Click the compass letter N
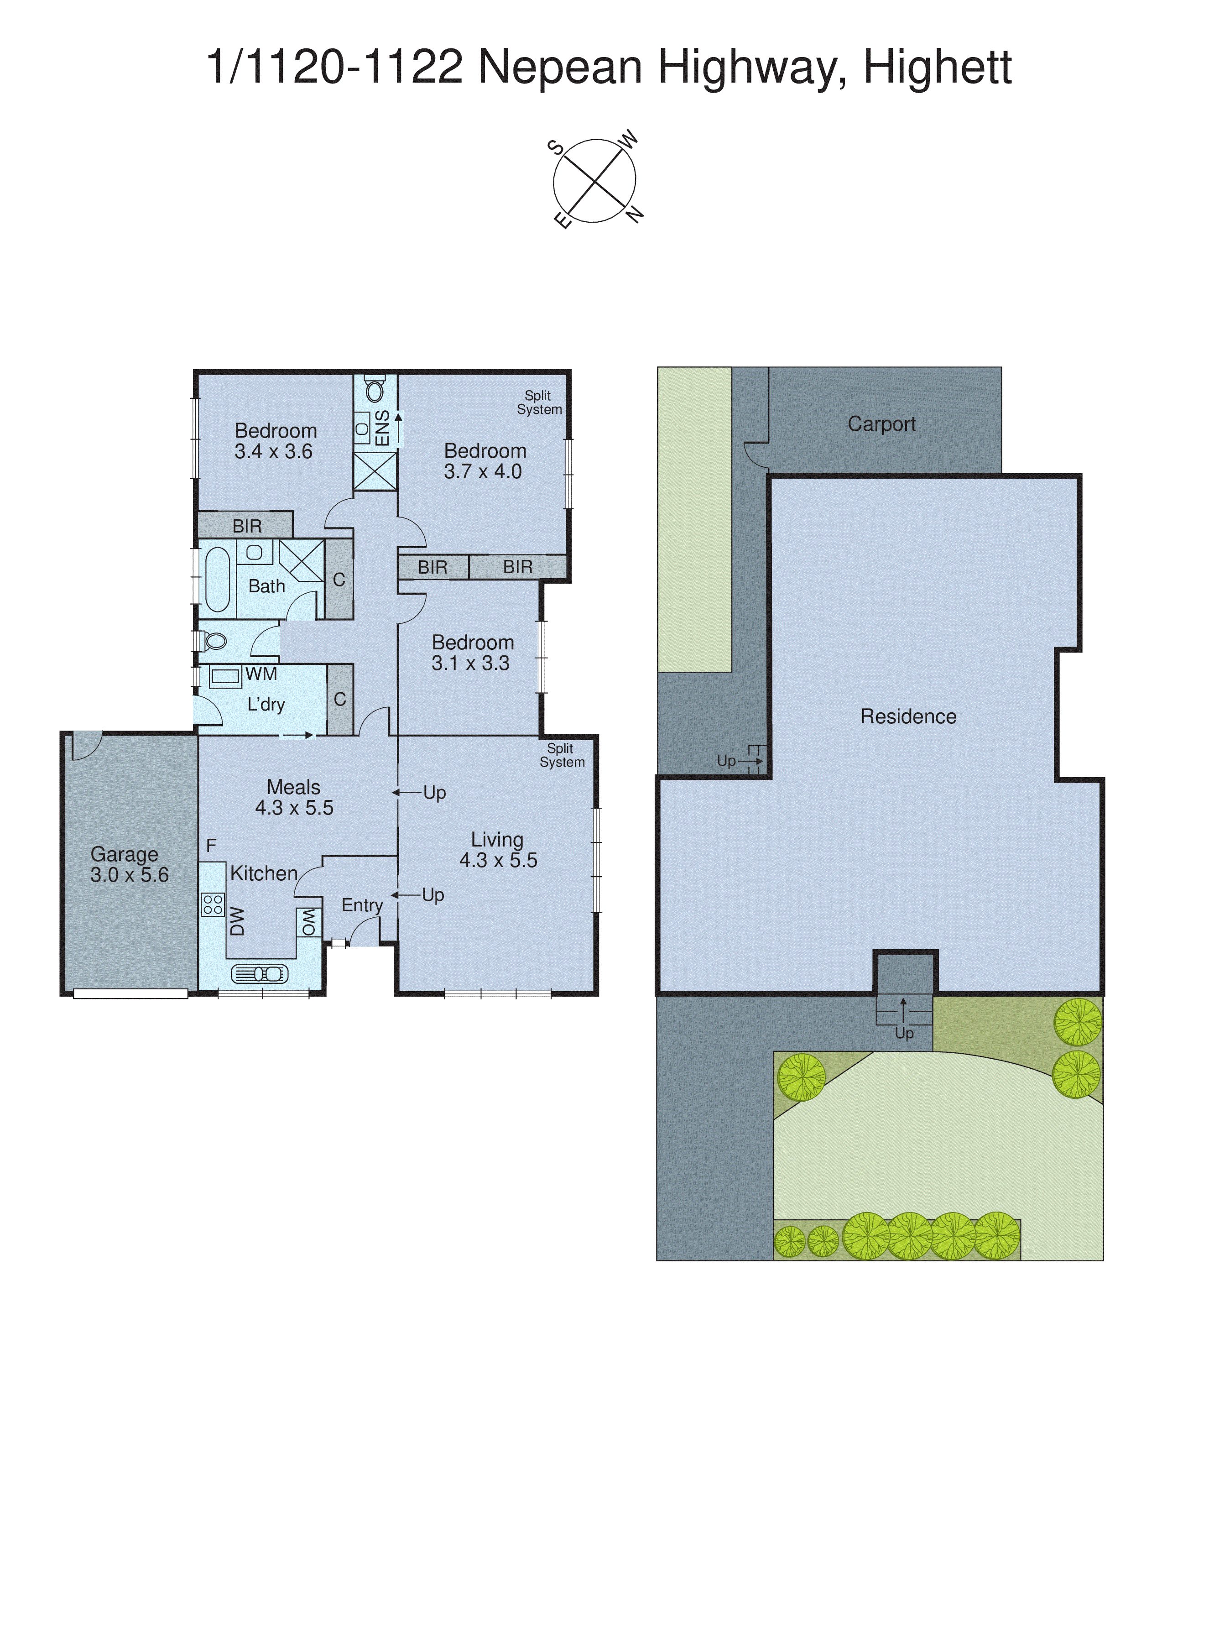pyautogui.click(x=635, y=214)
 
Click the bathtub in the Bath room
pyautogui.click(x=217, y=580)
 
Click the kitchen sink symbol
pyautogui.click(x=259, y=973)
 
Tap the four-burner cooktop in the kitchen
pyautogui.click(x=212, y=904)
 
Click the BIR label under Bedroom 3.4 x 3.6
pyautogui.click(x=247, y=526)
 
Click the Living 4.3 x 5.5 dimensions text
pyautogui.click(x=498, y=860)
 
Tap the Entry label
pyautogui.click(x=362, y=905)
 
